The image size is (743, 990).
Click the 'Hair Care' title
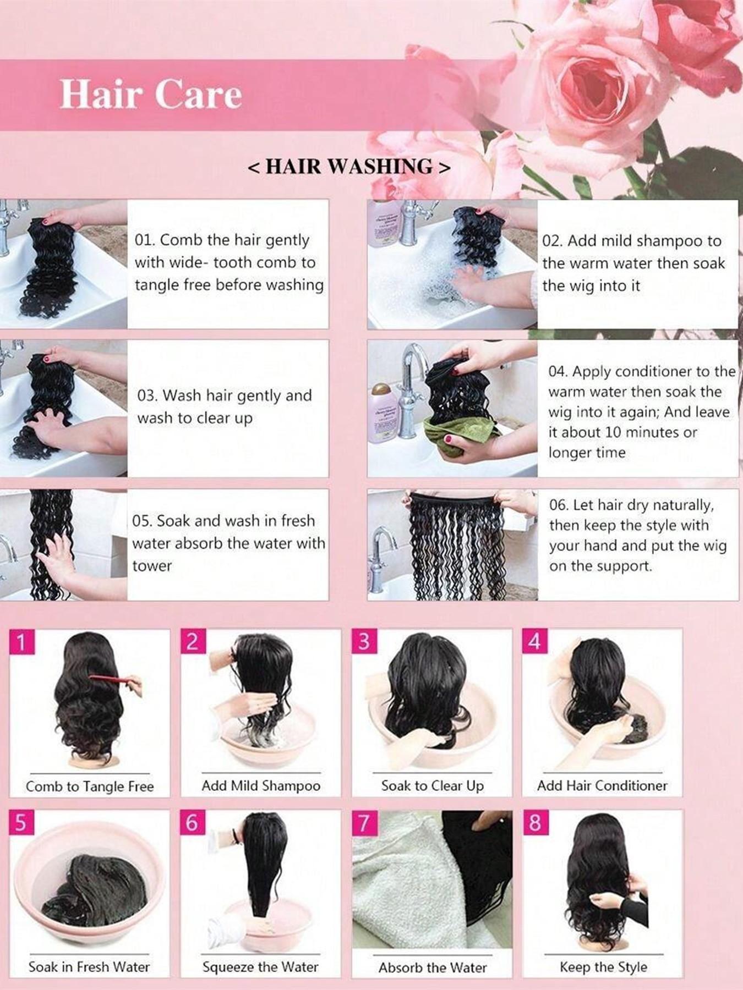coord(150,94)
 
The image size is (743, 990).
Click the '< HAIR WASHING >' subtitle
coord(349,167)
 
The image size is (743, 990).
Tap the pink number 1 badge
coord(21,642)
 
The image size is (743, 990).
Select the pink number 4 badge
coord(534,641)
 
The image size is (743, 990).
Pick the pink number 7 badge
coord(364,823)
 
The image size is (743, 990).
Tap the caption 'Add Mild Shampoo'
coord(261,785)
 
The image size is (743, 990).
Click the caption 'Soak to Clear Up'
coord(432,785)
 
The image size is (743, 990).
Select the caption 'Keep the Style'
coord(603,966)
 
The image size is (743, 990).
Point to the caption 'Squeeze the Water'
coord(260,966)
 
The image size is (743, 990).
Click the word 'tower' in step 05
coord(152,566)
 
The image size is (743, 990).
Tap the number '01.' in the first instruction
coord(145,240)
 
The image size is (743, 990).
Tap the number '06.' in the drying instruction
coord(559,505)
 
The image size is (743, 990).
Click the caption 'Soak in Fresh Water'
coord(89,966)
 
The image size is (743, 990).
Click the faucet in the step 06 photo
coord(381,555)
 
